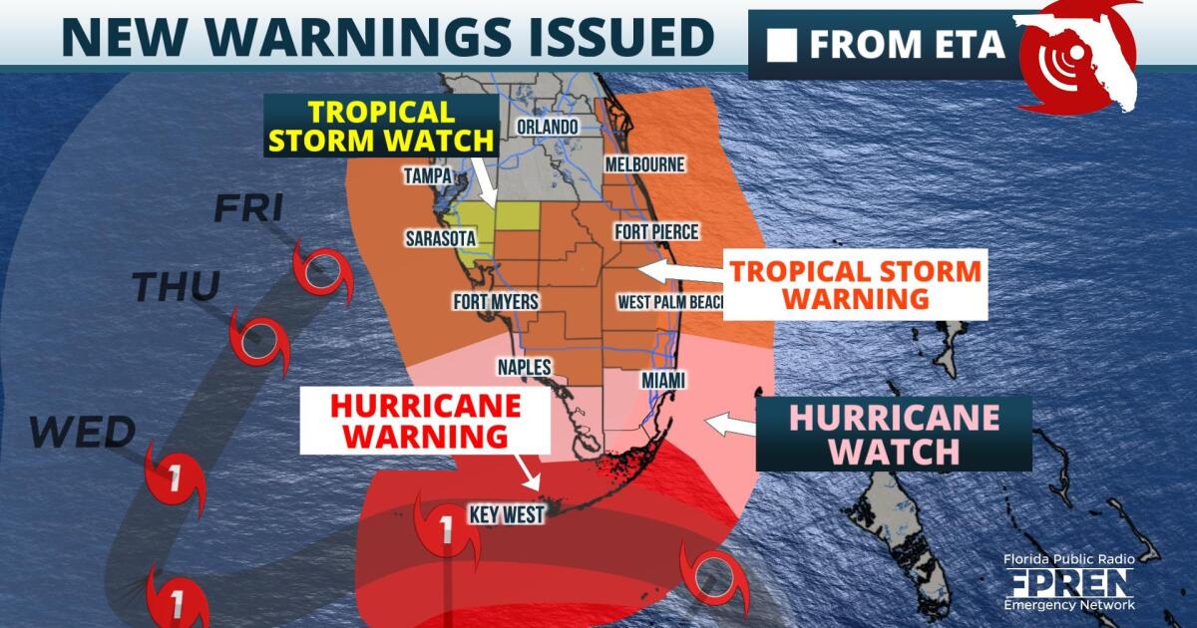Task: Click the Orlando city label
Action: [x=547, y=127]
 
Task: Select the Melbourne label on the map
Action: [x=643, y=163]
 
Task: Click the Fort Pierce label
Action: [x=656, y=232]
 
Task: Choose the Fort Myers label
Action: [x=495, y=301]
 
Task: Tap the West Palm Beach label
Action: [x=668, y=301]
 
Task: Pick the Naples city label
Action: [x=524, y=367]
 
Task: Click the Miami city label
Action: [x=637, y=382]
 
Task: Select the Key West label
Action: [x=507, y=515]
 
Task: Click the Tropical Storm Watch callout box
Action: [x=381, y=125]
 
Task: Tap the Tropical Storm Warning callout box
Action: [x=855, y=284]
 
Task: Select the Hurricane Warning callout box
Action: [x=426, y=421]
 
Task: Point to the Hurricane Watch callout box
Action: [x=894, y=434]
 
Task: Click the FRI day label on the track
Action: [x=248, y=208]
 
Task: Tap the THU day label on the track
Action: [x=176, y=288]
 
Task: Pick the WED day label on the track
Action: [x=82, y=433]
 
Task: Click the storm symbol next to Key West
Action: [x=447, y=534]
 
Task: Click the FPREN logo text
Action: [x=1069, y=583]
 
